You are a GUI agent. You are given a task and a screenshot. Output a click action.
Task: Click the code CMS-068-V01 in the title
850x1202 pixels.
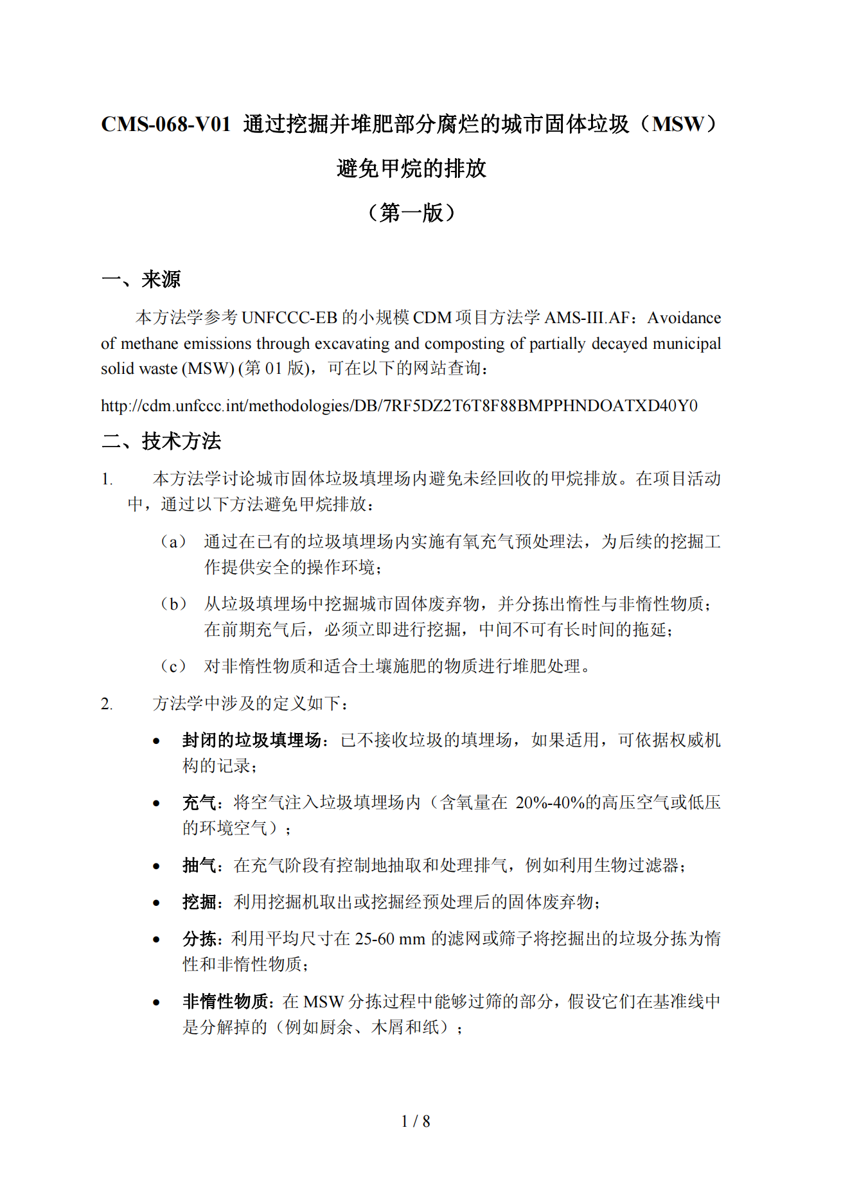click(x=166, y=124)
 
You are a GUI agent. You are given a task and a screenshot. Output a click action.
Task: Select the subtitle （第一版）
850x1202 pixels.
click(x=411, y=212)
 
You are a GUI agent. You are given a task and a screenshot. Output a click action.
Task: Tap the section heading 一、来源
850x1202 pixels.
click(x=141, y=279)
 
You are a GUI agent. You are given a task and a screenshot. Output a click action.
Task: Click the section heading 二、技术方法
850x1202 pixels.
click(x=161, y=441)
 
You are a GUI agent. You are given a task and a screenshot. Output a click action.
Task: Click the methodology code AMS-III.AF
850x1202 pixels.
click(x=587, y=317)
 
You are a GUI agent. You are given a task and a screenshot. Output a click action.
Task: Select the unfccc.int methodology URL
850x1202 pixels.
click(x=399, y=406)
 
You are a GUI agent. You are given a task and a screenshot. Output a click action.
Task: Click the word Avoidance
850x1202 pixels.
click(x=684, y=317)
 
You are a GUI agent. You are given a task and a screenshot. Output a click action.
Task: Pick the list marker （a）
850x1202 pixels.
click(x=173, y=542)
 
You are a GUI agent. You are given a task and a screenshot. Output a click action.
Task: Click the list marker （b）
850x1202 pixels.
click(x=173, y=604)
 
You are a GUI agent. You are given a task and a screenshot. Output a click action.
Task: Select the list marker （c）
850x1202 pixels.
click(x=173, y=666)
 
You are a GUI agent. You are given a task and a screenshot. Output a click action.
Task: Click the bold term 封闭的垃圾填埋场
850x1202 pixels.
click(x=251, y=740)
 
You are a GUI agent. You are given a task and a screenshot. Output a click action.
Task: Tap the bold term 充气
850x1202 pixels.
click(x=199, y=802)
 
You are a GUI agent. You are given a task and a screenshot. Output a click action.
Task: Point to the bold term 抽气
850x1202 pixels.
click(x=199, y=865)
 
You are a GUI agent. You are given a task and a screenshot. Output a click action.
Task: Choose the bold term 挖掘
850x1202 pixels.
click(x=199, y=902)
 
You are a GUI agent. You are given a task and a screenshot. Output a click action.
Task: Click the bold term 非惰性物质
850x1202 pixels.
click(x=225, y=1001)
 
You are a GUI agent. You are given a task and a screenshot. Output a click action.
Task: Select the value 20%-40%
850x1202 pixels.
click(x=550, y=802)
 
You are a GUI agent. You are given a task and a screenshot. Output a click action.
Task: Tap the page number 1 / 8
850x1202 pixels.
click(x=416, y=1121)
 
